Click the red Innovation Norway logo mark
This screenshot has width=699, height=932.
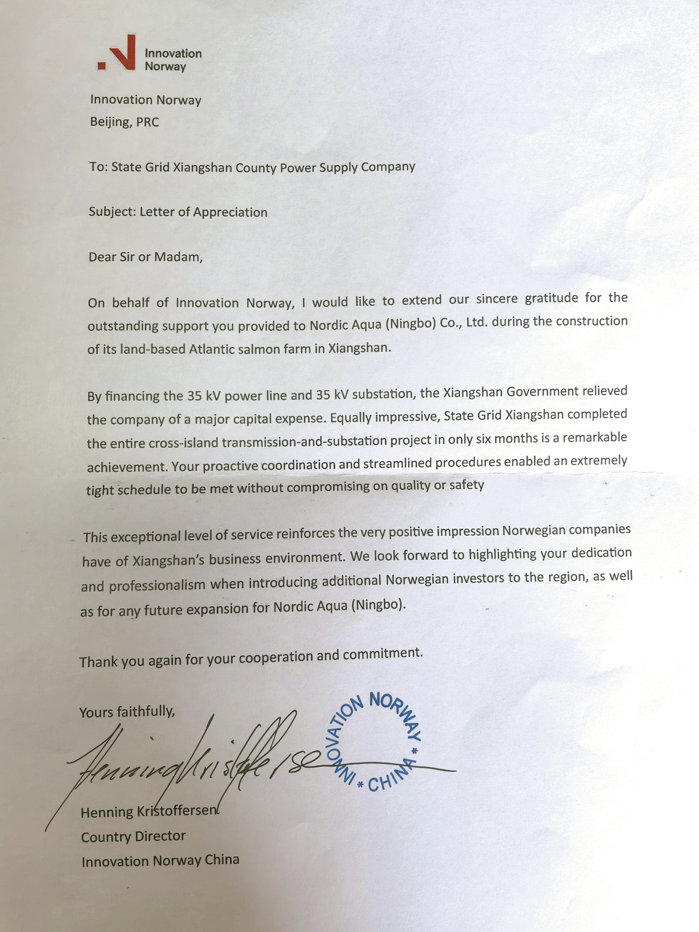pos(118,53)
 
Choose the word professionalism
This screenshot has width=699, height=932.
pos(157,585)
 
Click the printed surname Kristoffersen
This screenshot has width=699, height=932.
pos(176,811)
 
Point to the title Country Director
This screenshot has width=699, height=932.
pos(133,836)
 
